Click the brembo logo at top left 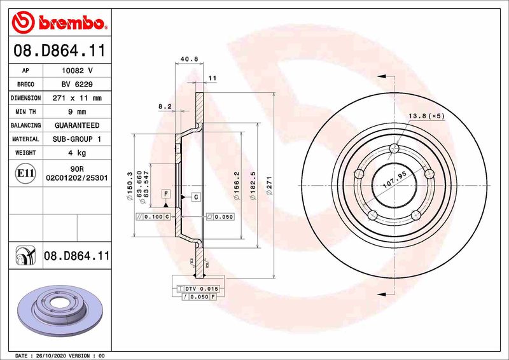(x=59, y=23)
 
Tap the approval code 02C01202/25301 (x=77, y=180)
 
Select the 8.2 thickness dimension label (x=164, y=107)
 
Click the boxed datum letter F (x=165, y=193)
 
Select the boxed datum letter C (x=195, y=197)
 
